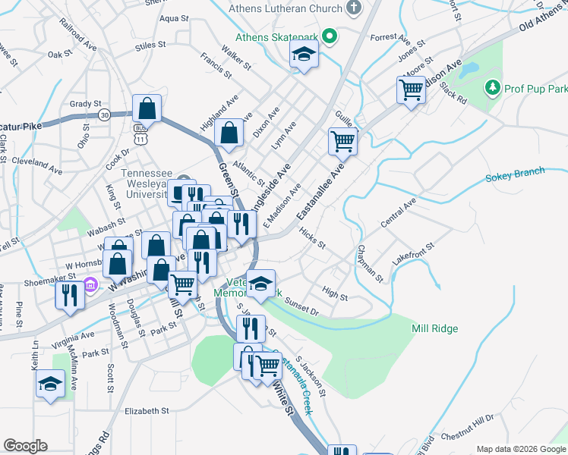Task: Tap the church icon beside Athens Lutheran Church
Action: (x=352, y=8)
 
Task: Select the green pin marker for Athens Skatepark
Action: (x=329, y=36)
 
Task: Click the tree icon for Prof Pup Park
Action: (x=493, y=89)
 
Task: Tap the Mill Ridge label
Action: (x=434, y=328)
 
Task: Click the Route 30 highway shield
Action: (x=104, y=115)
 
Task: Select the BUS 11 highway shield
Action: (x=140, y=134)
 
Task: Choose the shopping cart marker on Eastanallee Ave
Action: (x=342, y=141)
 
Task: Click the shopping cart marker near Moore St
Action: (x=411, y=89)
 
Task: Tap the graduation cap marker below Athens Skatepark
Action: (x=304, y=55)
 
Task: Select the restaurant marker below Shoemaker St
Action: (x=70, y=294)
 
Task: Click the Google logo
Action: (x=25, y=446)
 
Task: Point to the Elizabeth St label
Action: (x=146, y=410)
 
